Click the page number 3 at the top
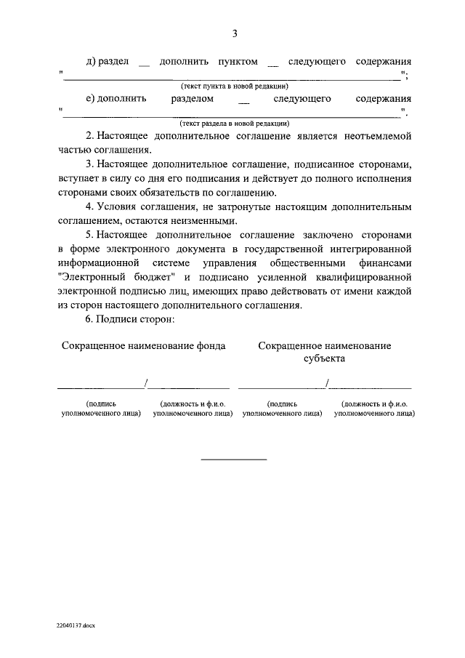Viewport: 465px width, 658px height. coord(235,33)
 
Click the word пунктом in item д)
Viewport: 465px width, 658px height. coord(238,62)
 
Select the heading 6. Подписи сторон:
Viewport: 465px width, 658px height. coord(125,320)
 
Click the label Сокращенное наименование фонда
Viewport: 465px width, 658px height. coord(144,346)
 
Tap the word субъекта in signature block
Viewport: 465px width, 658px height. coord(324,358)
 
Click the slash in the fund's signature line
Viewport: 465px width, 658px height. coord(147,383)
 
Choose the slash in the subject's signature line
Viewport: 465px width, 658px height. coord(328,383)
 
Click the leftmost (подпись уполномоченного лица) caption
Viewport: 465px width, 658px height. coord(100,408)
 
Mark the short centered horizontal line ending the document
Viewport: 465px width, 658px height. coord(234,459)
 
